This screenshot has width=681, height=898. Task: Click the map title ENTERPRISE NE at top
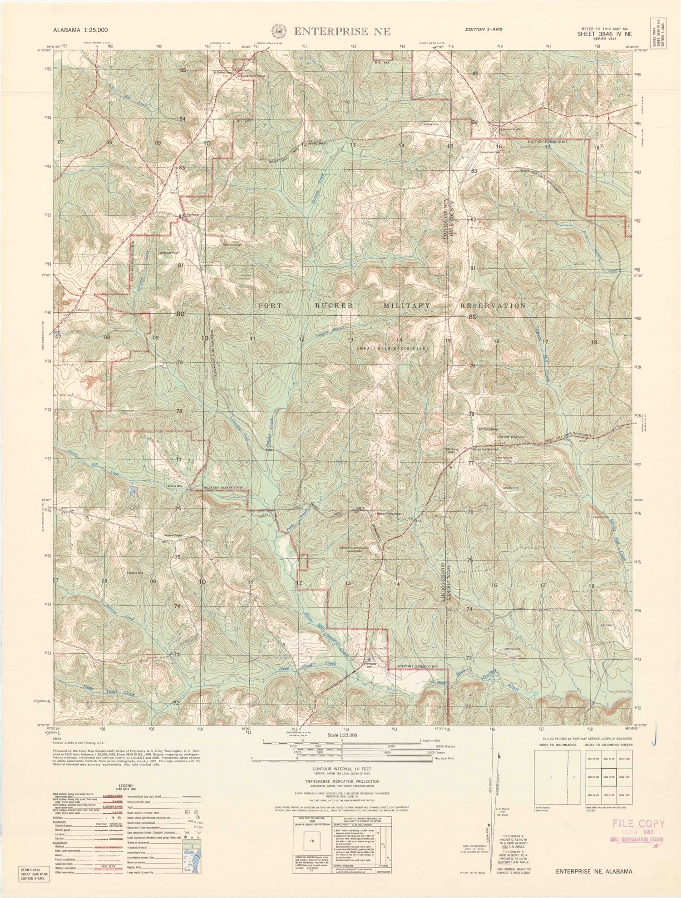(x=342, y=31)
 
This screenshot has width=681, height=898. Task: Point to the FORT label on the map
(x=273, y=306)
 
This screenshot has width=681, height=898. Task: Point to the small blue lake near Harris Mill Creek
(x=133, y=490)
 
